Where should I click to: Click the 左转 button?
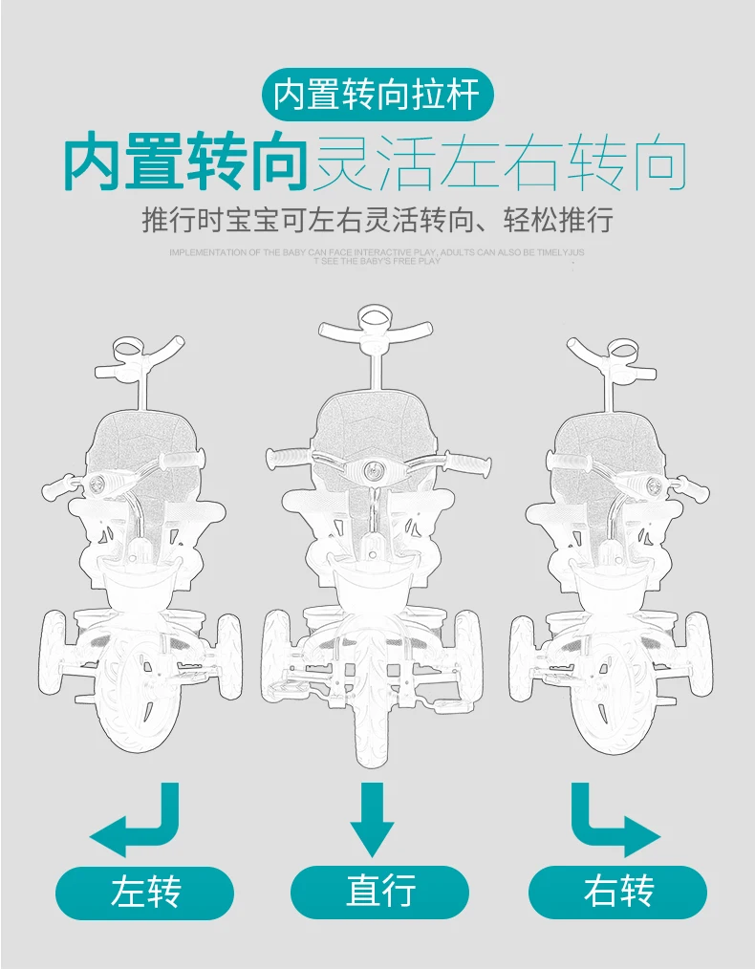[x=145, y=893]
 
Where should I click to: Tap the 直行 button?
[x=379, y=893]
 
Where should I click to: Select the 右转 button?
[x=617, y=893]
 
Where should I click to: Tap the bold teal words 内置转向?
[x=184, y=163]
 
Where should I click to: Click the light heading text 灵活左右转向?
[x=501, y=163]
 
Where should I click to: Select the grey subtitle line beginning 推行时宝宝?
[x=377, y=221]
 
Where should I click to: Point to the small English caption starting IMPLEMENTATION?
[x=377, y=256]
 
